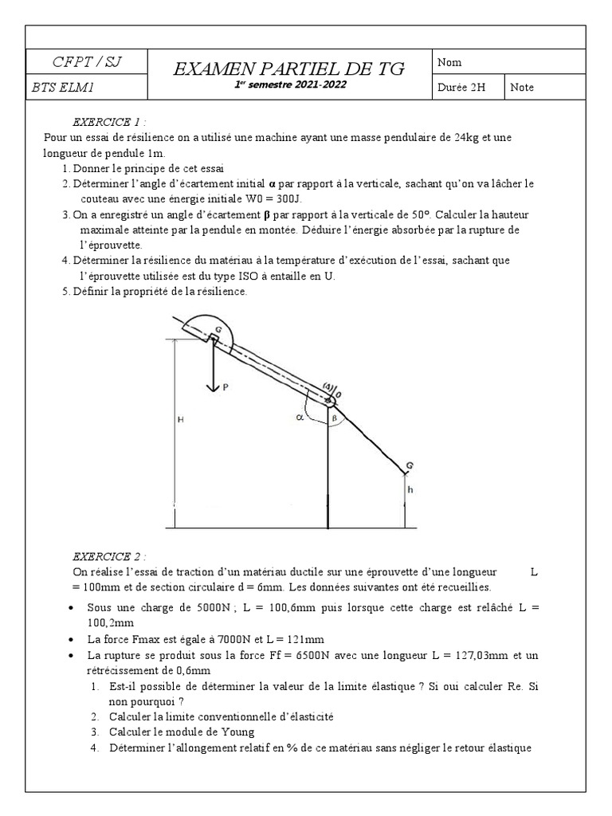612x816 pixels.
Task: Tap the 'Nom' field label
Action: tap(449, 62)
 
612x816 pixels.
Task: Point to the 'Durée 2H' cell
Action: tap(461, 88)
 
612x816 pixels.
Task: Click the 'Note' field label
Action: tap(523, 88)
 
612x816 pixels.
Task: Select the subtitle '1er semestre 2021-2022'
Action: tap(290, 85)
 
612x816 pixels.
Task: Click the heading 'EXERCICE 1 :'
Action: tap(109, 123)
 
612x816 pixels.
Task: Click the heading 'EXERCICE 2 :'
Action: tap(109, 556)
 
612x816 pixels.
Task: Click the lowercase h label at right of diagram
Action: tap(410, 491)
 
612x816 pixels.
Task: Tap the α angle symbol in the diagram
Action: tap(300, 416)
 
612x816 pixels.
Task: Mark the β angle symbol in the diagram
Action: tap(335, 417)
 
